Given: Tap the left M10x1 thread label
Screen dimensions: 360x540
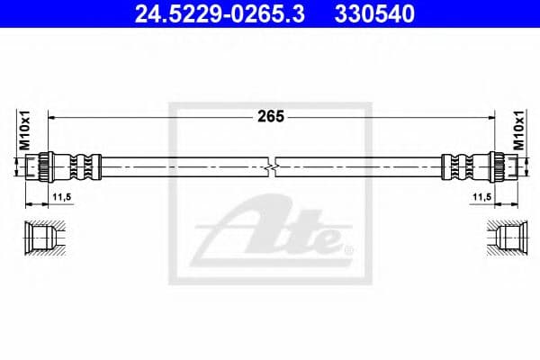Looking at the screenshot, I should (25, 130).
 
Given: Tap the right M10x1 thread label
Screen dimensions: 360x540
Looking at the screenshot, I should (516, 130).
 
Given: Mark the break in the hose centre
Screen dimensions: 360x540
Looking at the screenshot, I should (274, 166).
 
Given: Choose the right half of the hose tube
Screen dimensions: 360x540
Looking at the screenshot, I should (360, 166).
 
